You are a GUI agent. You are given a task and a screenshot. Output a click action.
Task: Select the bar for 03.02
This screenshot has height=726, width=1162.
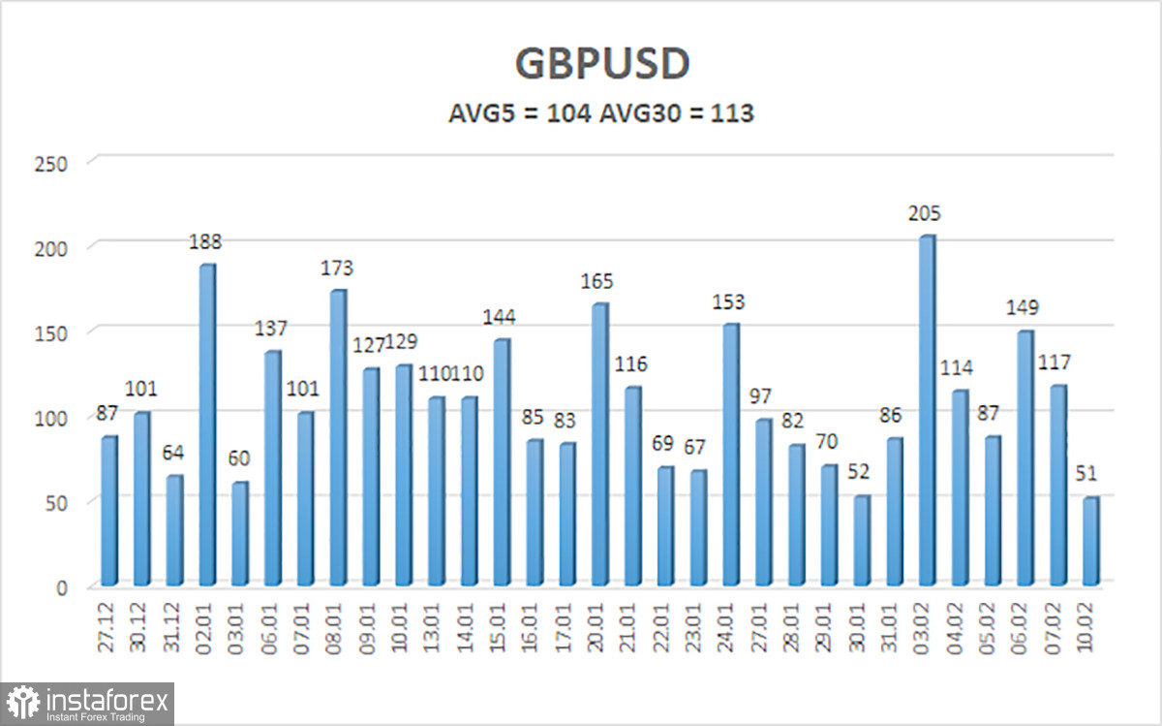(x=927, y=411)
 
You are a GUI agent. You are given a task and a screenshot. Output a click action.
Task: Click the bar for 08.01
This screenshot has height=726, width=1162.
(x=339, y=438)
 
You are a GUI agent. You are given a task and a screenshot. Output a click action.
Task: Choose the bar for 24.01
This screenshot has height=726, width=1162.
(x=730, y=455)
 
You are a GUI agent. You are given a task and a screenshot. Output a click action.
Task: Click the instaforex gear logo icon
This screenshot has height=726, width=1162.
(x=22, y=703)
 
